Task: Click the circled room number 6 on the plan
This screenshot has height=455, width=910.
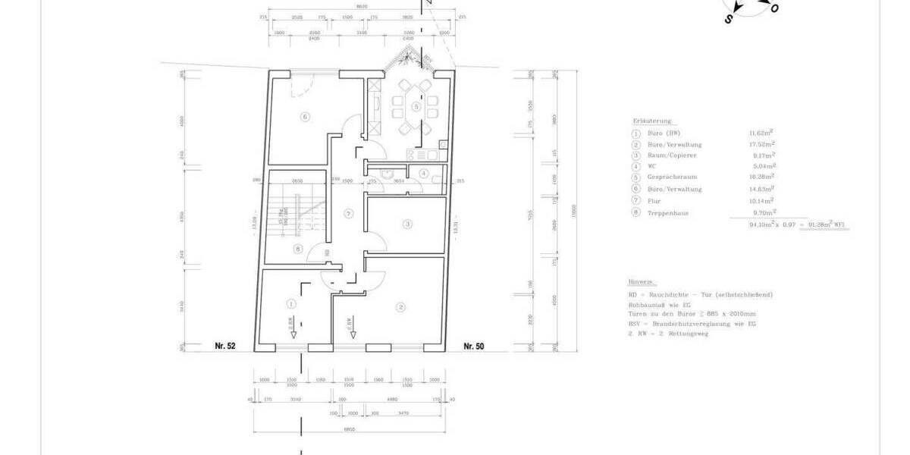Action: (x=305, y=117)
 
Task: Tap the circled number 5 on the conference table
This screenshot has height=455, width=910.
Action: (x=416, y=106)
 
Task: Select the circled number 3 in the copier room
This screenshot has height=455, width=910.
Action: (x=407, y=224)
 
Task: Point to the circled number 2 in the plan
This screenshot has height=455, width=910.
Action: (x=401, y=306)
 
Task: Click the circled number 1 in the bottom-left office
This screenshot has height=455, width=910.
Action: (x=290, y=303)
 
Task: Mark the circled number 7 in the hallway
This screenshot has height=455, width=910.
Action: (x=348, y=214)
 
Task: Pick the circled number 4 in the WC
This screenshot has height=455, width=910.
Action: (x=424, y=174)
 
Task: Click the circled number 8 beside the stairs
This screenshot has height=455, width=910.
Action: (x=297, y=248)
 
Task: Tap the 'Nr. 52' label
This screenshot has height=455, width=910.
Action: (x=226, y=347)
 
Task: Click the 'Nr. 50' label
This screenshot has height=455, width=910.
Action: (x=473, y=347)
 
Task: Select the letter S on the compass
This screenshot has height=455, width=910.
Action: (x=728, y=20)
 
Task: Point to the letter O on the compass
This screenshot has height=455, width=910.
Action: (x=774, y=8)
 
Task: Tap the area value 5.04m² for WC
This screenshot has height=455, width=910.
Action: (x=761, y=166)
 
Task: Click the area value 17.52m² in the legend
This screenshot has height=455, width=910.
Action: (x=761, y=143)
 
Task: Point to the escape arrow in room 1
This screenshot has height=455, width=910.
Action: (x=293, y=326)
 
